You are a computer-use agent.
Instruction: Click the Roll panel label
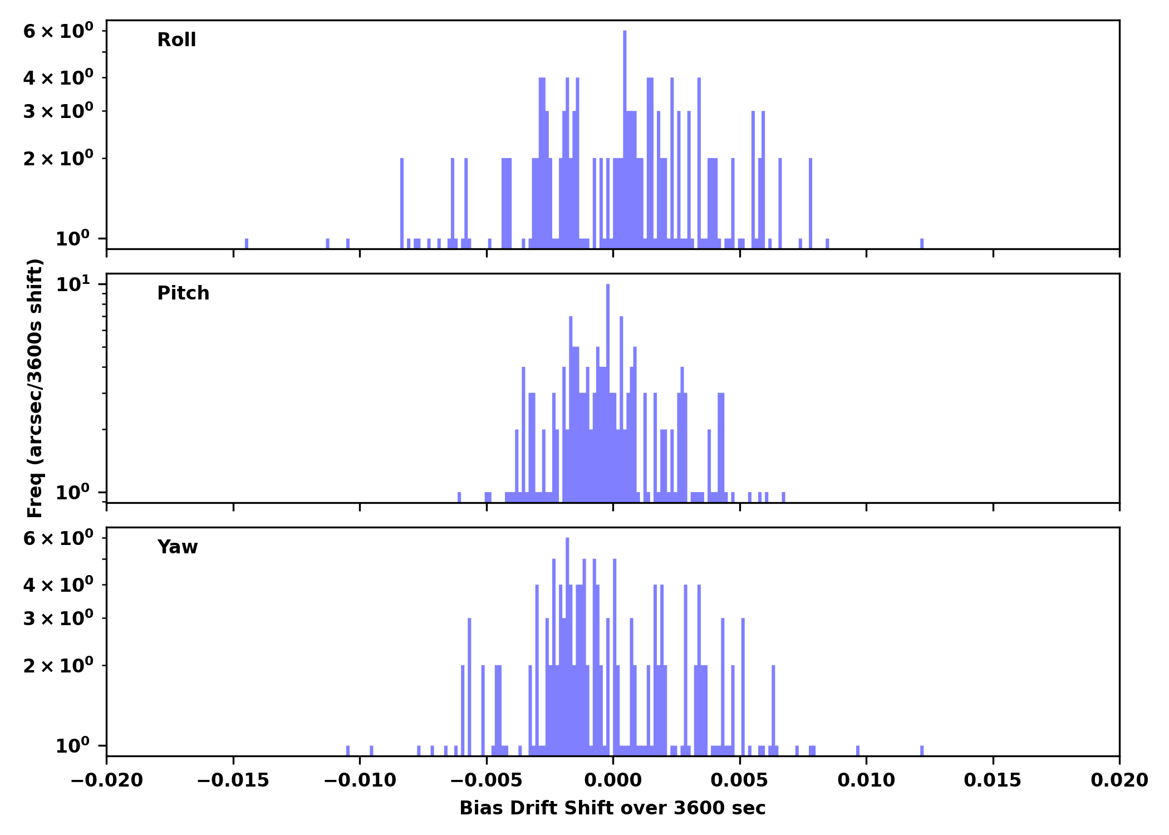click(x=176, y=40)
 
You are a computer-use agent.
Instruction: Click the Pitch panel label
click(x=183, y=293)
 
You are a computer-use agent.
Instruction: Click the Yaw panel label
click(x=177, y=547)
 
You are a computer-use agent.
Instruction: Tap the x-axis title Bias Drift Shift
click(x=612, y=808)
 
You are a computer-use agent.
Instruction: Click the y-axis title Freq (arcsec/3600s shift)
click(x=35, y=388)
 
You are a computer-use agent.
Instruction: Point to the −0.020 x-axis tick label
click(x=106, y=780)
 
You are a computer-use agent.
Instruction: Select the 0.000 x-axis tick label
click(x=613, y=780)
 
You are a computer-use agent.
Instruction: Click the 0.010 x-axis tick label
click(x=866, y=780)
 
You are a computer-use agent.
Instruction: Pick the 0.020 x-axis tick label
click(x=1119, y=780)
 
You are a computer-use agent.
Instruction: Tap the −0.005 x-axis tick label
click(x=486, y=780)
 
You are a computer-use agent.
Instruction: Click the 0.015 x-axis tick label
click(x=993, y=780)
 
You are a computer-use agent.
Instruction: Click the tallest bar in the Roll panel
click(x=625, y=139)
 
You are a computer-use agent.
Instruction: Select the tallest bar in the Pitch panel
click(x=608, y=390)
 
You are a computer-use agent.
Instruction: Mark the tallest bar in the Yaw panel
click(x=567, y=640)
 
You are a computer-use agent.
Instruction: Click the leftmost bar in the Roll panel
click(x=247, y=243)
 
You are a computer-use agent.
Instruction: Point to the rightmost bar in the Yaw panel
click(x=922, y=750)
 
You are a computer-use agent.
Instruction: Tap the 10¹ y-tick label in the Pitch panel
click(x=73, y=285)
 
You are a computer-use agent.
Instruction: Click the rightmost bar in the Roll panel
click(x=922, y=243)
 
